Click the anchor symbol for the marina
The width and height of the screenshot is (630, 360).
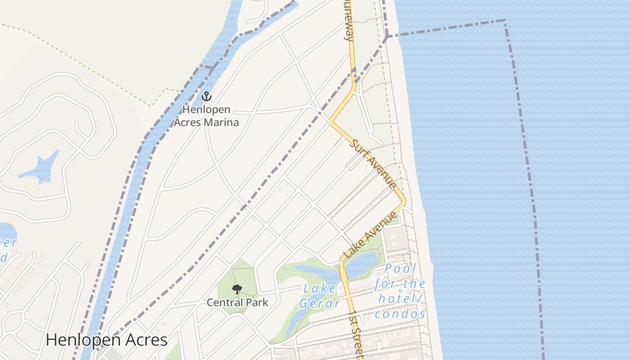[207, 96]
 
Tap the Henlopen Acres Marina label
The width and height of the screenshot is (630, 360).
[207, 116]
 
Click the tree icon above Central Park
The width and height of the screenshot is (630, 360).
[237, 289]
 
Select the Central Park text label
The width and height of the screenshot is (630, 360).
[237, 302]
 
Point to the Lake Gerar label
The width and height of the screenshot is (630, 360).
[319, 296]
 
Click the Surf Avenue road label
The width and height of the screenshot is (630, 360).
[373, 164]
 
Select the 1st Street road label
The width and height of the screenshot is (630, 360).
[356, 333]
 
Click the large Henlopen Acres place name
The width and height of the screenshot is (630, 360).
[107, 340]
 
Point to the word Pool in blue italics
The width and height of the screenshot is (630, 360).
[400, 269]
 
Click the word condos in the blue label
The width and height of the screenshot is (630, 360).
[400, 314]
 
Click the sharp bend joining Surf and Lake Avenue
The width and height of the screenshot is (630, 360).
[404, 201]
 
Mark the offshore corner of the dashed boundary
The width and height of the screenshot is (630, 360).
[504, 21]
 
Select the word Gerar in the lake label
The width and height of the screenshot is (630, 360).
[319, 303]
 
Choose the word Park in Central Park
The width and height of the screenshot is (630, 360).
[258, 302]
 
